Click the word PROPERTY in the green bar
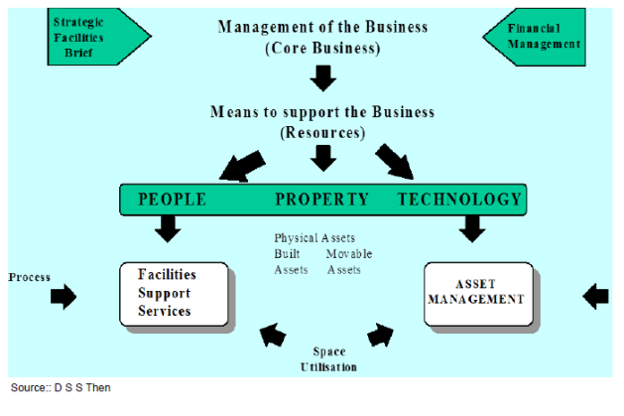(322, 200)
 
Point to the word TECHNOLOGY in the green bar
(459, 200)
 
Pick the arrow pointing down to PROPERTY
(322, 157)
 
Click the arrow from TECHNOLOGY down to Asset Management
(472, 228)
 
